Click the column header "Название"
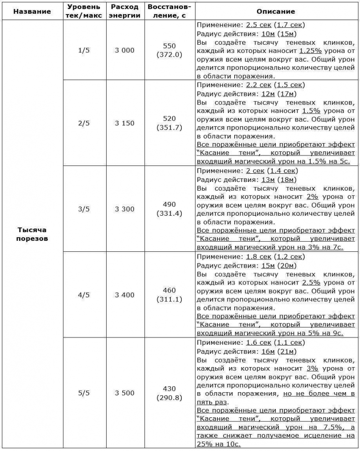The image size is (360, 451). tap(32, 11)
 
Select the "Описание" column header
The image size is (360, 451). tap(276, 11)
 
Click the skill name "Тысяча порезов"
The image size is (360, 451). tap(32, 234)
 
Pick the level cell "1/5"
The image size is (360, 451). tap(84, 50)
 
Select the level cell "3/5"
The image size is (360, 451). tap(84, 209)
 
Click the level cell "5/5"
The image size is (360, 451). tap(84, 393)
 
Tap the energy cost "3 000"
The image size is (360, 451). tap(124, 50)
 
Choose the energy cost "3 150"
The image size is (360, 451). tap(124, 123)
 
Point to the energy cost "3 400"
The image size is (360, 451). tap(124, 295)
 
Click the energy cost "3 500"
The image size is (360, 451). tap(124, 393)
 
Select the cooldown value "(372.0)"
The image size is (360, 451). tap(169, 55)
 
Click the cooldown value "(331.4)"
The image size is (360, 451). tap(169, 213)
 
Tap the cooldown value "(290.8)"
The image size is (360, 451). tap(169, 398)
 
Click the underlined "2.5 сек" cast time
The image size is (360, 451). tap(259, 25)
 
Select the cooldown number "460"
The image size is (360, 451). tap(169, 290)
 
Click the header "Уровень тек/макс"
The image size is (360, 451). tap(84, 11)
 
